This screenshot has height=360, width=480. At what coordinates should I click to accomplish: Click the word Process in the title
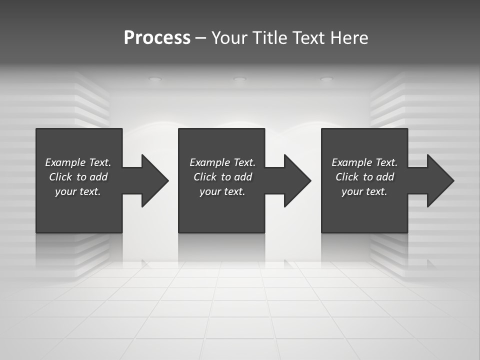tap(157, 38)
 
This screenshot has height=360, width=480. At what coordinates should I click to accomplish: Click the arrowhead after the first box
tap(153, 180)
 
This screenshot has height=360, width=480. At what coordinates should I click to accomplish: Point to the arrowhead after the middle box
tap(295, 180)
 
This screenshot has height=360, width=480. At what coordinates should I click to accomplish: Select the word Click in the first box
tap(60, 177)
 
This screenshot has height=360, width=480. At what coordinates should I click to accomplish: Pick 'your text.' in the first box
tap(78, 191)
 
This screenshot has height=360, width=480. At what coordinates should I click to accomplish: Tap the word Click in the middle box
tap(205, 177)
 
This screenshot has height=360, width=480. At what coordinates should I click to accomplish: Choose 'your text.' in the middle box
tap(222, 191)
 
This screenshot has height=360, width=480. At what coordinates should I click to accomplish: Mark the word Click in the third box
tap(347, 177)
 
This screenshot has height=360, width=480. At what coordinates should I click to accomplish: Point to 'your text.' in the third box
tap(364, 191)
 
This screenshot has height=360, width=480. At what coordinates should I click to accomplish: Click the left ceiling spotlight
tap(155, 79)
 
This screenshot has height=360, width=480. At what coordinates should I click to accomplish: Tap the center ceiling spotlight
tap(240, 79)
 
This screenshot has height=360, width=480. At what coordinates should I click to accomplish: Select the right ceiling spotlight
tap(326, 79)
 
